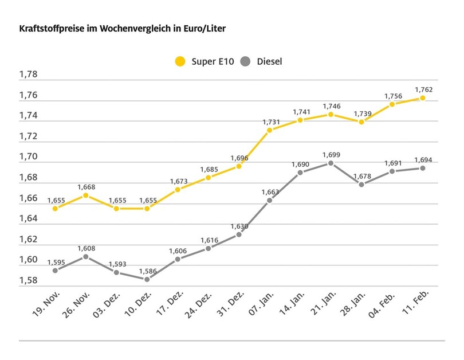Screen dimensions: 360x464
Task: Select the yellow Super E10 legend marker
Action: tap(181, 61)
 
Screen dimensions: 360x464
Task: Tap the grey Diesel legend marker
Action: tap(247, 61)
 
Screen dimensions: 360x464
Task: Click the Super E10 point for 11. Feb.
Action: tap(423, 98)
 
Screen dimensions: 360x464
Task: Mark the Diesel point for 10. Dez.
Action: tap(147, 279)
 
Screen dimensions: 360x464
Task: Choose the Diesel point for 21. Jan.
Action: tap(331, 163)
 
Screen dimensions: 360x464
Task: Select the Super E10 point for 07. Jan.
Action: tap(269, 130)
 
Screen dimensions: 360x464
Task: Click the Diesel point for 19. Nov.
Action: tap(55, 270)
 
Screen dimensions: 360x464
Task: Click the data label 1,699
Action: tap(331, 154)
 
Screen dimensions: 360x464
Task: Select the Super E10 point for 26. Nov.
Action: tap(85, 195)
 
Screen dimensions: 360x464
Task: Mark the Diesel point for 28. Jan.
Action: tap(361, 184)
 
